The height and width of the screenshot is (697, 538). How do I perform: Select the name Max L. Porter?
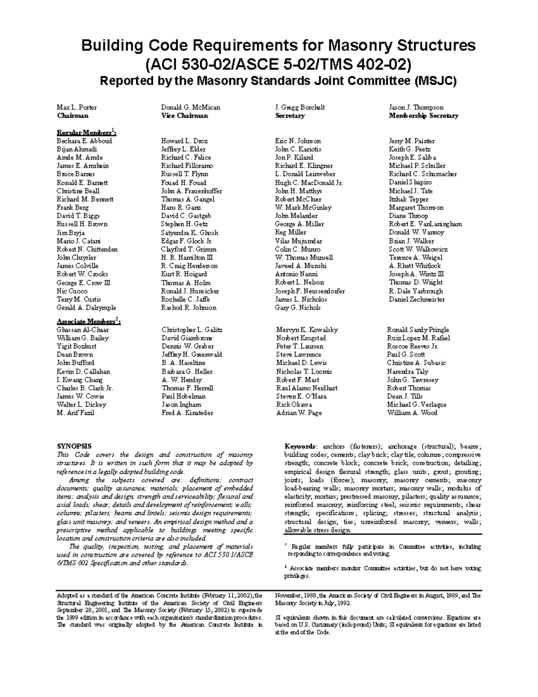[x=77, y=107]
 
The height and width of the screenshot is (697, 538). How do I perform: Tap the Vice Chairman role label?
[x=184, y=116]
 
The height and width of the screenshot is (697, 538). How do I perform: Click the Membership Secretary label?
[x=423, y=116]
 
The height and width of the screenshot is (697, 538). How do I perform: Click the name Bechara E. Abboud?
[x=84, y=141]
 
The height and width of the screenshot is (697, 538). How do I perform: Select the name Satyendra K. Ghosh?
[x=190, y=232]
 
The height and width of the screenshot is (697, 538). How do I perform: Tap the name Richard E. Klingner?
[x=304, y=166]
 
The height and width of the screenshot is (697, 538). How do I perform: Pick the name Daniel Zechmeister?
[x=417, y=299]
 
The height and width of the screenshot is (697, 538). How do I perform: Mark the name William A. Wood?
[x=412, y=412]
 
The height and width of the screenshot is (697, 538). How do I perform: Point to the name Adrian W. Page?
[x=299, y=413]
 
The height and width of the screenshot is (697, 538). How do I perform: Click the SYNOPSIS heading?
[x=74, y=446]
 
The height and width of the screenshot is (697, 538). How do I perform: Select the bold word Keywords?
[x=300, y=446]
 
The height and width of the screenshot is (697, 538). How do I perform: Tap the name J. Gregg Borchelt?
[x=299, y=107]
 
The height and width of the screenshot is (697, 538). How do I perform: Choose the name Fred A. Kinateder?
[x=187, y=413]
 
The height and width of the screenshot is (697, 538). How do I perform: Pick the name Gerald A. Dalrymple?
[x=86, y=308]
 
